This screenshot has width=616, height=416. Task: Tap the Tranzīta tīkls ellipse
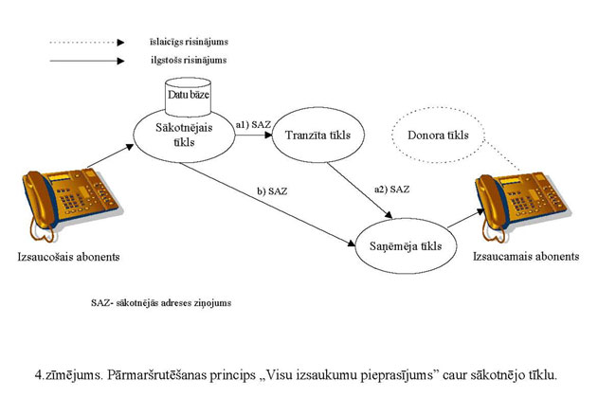click(317, 136)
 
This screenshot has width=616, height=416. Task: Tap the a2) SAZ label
click(392, 189)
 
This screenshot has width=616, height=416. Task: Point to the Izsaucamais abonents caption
click(523, 257)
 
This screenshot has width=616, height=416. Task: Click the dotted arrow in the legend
click(86, 43)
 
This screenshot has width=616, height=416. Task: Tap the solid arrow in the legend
click(86, 61)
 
